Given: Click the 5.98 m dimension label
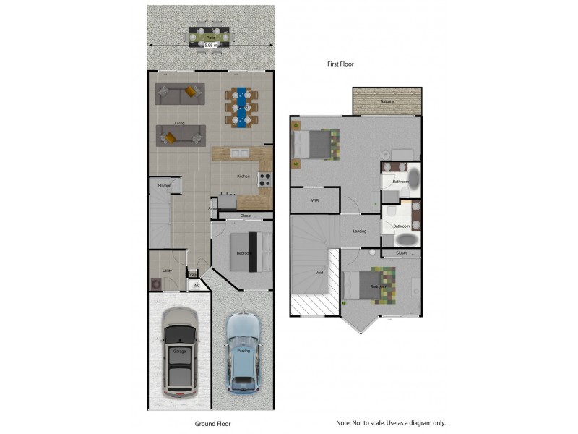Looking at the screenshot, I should click(x=211, y=45).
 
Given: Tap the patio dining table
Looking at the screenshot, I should click(x=211, y=36).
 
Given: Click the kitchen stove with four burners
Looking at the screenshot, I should click(x=264, y=179).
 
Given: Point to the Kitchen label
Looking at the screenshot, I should click(x=243, y=176).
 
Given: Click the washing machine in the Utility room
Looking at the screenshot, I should click(x=155, y=284).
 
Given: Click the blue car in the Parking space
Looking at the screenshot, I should click(x=243, y=353).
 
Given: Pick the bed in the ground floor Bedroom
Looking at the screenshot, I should click(x=250, y=252).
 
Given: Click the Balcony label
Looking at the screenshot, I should click(x=387, y=102).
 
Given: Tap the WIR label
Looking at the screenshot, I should click(x=315, y=200).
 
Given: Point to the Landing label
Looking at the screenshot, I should click(x=359, y=231).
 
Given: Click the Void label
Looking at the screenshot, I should click(x=319, y=273).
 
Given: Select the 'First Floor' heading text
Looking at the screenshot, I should click(x=340, y=64).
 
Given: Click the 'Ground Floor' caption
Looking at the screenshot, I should click(x=212, y=424).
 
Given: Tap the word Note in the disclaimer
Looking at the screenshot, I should click(x=342, y=422).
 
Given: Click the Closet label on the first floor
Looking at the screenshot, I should click(x=401, y=253).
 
